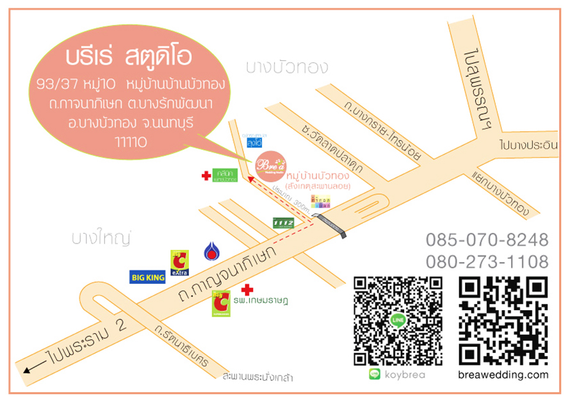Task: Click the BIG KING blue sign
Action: (148, 277)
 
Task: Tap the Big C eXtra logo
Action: (179, 263)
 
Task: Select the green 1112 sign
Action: (283, 222)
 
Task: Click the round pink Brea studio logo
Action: (270, 167)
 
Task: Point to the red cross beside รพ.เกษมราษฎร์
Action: (247, 290)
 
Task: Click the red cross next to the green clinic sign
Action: (206, 175)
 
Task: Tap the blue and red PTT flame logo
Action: (212, 252)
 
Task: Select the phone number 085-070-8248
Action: (487, 240)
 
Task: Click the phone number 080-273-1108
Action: (487, 261)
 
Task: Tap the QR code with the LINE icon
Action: (398, 320)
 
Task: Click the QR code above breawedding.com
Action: (503, 320)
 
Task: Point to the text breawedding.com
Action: (503, 375)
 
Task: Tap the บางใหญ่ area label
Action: (101, 238)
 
